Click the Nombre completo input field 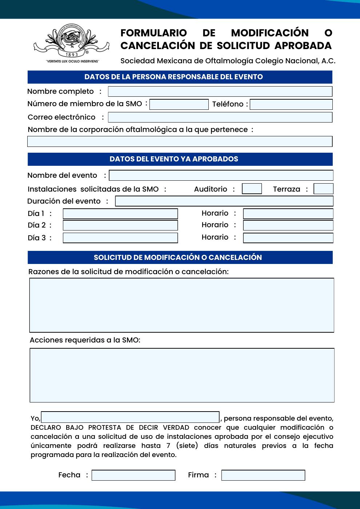(x=220, y=91)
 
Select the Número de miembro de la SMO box (x=179, y=104)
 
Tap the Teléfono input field (x=291, y=104)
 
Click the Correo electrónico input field (x=220, y=117)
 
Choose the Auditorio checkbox (x=252, y=189)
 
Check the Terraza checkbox (x=323, y=189)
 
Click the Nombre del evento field (x=221, y=175)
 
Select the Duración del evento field (x=224, y=201)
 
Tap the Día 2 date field (x=120, y=225)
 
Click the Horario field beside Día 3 (x=288, y=238)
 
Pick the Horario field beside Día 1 (x=288, y=214)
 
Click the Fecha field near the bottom (x=133, y=475)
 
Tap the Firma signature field (x=263, y=475)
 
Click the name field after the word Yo (x=130, y=417)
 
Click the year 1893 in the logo (x=72, y=55)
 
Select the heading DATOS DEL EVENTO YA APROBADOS (x=174, y=159)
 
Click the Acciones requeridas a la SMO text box (x=182, y=375)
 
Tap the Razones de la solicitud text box (x=182, y=305)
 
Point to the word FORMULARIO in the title (x=153, y=33)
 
